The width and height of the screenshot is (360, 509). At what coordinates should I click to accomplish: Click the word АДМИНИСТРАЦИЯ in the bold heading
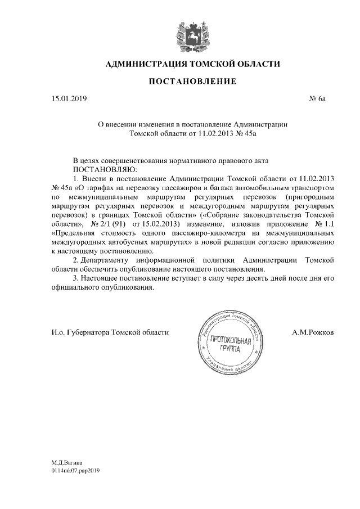pyautogui.click(x=141, y=65)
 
